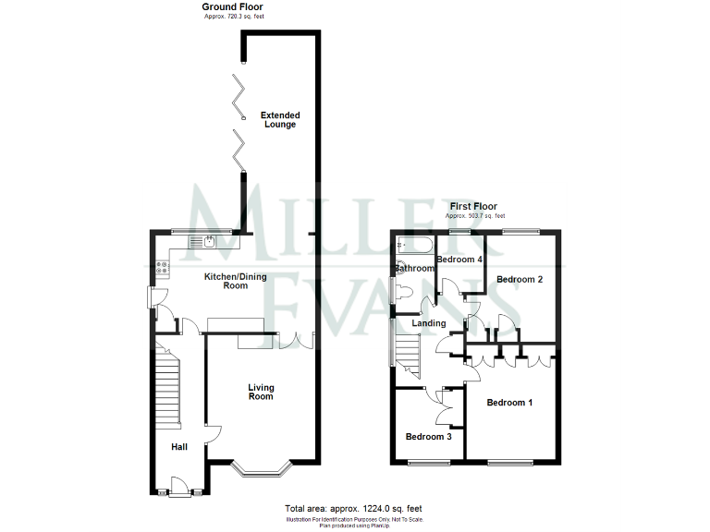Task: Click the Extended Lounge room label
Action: tap(279, 120)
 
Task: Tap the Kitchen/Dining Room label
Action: tap(226, 280)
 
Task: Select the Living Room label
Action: tap(261, 392)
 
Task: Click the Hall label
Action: tap(178, 447)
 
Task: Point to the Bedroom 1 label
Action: tap(509, 403)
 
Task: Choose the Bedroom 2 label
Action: tap(519, 279)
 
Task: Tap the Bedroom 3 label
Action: tap(428, 437)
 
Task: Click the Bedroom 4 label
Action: tap(459, 260)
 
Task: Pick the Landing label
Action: tap(429, 323)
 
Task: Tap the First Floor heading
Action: tap(473, 206)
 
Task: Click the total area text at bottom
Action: tap(354, 509)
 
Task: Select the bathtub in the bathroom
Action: tap(415, 245)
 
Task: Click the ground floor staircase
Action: tap(166, 388)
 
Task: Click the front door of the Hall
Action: tap(180, 490)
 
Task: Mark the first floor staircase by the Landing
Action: tap(408, 356)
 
